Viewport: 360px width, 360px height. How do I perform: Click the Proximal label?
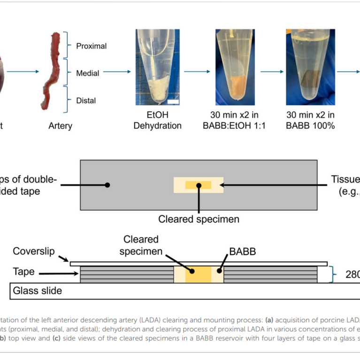pyautogui.click(x=91, y=46)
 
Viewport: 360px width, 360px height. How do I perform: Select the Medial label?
pyautogui.click(x=87, y=73)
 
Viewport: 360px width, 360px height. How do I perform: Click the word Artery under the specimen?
pyautogui.click(x=61, y=126)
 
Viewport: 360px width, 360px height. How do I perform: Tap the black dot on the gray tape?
pyautogui.click(x=107, y=185)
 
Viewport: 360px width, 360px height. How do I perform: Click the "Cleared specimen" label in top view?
pyautogui.click(x=199, y=219)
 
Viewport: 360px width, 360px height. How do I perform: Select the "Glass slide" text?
pyautogui.click(x=38, y=291)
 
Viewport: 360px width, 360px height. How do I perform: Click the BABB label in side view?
pyautogui.click(x=242, y=251)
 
